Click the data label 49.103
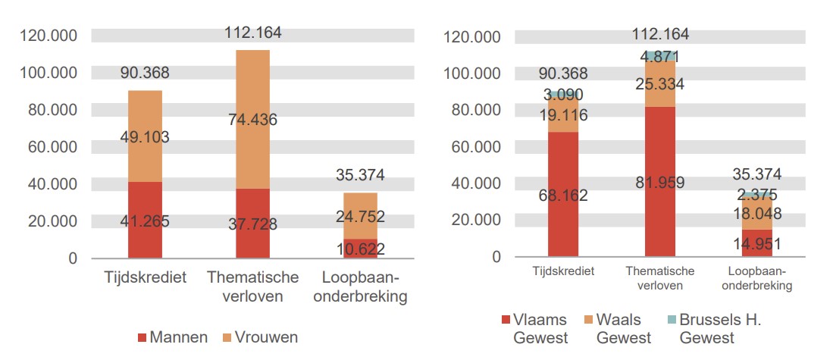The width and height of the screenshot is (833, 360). coord(144,137)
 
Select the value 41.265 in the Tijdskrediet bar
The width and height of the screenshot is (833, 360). coord(144,222)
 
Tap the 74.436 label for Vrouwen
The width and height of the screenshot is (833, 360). coord(252,119)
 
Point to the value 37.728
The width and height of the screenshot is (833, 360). coord(252,224)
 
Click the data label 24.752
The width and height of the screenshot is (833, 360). coord(359,216)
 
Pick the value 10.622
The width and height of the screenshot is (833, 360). coord(359,249)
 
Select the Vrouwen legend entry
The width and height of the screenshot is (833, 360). coord(258,337)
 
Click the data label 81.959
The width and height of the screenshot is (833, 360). coord(659,183)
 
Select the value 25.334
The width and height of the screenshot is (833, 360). coord(659,84)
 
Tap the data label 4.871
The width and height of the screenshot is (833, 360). coord(659,57)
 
